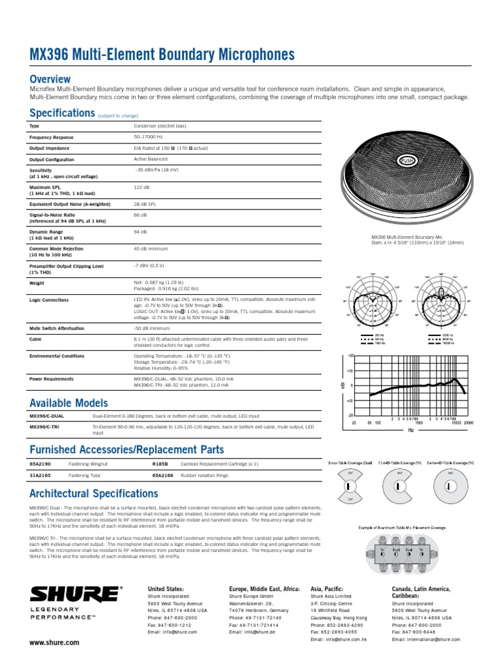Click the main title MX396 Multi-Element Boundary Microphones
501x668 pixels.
click(162, 55)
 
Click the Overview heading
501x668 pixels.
click(50, 79)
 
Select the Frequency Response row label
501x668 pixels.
click(52, 138)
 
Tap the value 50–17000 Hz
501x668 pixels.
click(148, 137)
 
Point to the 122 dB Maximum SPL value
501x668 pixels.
click(142, 187)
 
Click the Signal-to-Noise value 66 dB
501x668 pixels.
click(140, 214)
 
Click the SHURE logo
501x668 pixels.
click(75, 594)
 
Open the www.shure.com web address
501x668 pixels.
click(54, 643)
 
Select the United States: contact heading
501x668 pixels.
click(166, 588)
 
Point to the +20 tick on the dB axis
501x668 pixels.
click(350, 356)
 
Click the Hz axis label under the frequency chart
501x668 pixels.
click(411, 431)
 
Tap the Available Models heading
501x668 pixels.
click(68, 402)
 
